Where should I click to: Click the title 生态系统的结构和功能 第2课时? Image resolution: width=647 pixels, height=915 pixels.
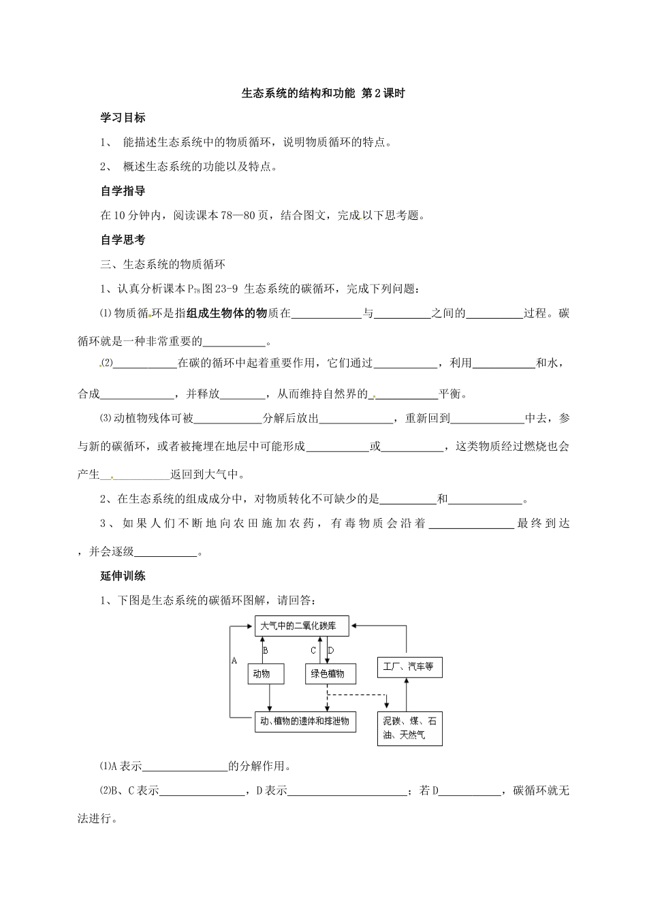[323, 93]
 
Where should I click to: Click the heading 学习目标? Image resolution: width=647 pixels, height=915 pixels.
[123, 118]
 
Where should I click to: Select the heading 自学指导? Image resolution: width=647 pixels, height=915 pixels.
[123, 191]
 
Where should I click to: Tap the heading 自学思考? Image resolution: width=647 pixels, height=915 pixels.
[123, 240]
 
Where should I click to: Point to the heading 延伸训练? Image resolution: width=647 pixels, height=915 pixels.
[123, 576]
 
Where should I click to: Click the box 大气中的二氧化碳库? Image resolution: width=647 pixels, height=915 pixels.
[301, 626]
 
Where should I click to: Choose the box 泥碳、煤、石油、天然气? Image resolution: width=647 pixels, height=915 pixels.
[410, 728]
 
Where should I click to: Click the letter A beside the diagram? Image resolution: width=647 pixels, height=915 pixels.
[234, 660]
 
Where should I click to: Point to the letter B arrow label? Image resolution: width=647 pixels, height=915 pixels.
[266, 650]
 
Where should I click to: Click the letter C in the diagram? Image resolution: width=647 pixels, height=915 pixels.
[313, 650]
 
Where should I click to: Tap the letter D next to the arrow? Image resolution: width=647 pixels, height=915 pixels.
[331, 650]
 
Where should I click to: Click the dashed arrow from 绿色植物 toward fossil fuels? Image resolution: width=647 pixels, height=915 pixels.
[358, 695]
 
